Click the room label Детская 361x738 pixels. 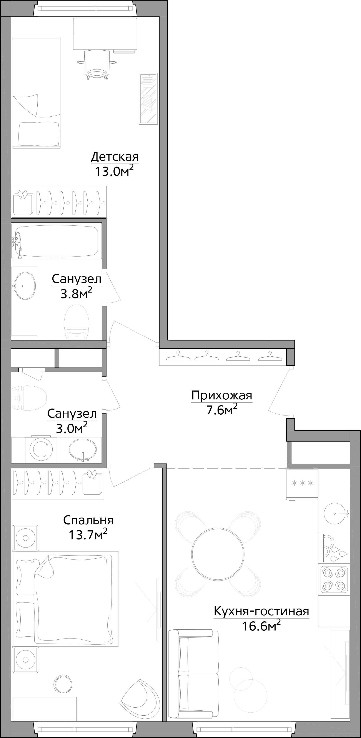[115, 157]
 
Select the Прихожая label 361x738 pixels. [222, 396]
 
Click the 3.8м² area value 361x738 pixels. [76, 293]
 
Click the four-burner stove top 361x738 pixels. [334, 579]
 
